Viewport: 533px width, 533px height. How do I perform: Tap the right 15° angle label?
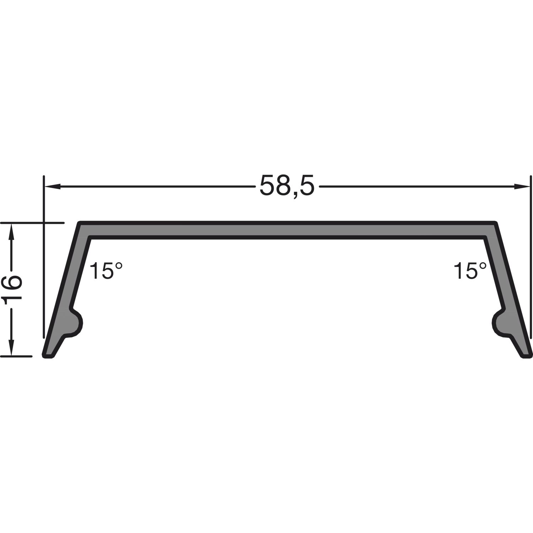coord(470,271)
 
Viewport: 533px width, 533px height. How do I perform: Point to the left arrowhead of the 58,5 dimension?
coord(52,186)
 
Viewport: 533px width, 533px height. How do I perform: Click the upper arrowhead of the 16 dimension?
coord(12,231)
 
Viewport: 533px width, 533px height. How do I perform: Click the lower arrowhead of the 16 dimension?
coord(12,348)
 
